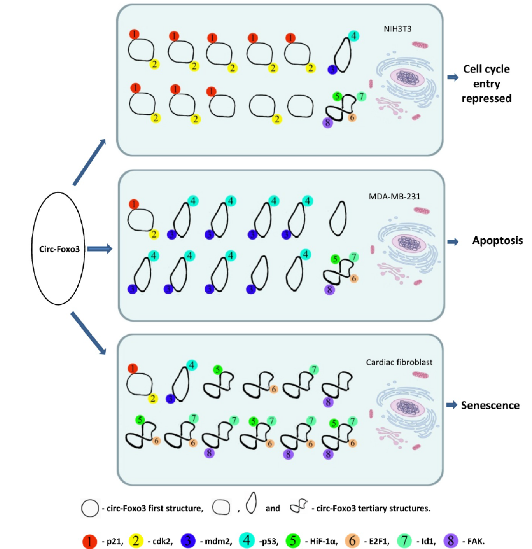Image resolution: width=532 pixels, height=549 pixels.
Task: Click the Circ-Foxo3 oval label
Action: tap(59, 249)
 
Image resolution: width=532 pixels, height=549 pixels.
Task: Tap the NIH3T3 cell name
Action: tap(397, 29)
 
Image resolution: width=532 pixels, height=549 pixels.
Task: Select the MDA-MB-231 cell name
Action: tap(394, 196)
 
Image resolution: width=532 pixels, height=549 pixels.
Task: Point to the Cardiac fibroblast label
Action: tap(399, 362)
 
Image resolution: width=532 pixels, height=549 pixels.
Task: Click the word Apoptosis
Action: tap(497, 241)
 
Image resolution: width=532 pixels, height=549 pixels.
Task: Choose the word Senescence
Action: tap(490, 406)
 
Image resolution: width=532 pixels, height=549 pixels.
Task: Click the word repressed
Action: tap(486, 99)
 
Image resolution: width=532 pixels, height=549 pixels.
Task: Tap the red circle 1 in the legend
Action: tap(89, 541)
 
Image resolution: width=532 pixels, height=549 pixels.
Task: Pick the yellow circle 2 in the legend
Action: tap(136, 541)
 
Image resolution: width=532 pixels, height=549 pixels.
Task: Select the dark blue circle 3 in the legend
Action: tap(188, 541)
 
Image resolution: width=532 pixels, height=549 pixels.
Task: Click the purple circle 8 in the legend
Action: tap(451, 541)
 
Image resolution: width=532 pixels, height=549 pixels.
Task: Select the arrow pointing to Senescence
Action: tap(451, 405)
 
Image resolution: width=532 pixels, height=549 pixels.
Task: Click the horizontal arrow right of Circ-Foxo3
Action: tap(100, 249)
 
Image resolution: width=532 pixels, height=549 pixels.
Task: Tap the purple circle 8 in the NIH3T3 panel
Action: tap(328, 123)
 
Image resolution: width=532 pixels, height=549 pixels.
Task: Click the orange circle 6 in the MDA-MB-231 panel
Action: tap(353, 278)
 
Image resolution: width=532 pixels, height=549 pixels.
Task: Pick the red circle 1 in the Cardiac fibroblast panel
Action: tap(133, 368)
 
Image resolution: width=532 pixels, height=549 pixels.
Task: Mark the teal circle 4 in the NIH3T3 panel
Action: tap(353, 36)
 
